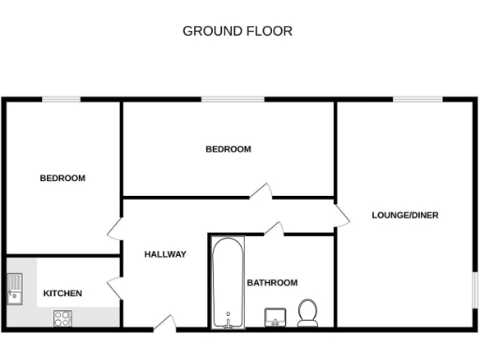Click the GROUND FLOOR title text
point(237,31)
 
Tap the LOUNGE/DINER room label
point(405,215)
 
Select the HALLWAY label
point(165,254)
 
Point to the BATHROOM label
point(272,282)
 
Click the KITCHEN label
point(63,293)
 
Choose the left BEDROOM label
point(62,178)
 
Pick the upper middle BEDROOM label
point(229,149)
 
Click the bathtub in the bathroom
point(227,282)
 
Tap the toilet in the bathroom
point(307,312)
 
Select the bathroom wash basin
point(276,318)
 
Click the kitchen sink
point(15,288)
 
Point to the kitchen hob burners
point(64,318)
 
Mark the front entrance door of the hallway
point(165,324)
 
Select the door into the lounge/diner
point(342,216)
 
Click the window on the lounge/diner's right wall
point(474,290)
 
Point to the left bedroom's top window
point(61,98)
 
